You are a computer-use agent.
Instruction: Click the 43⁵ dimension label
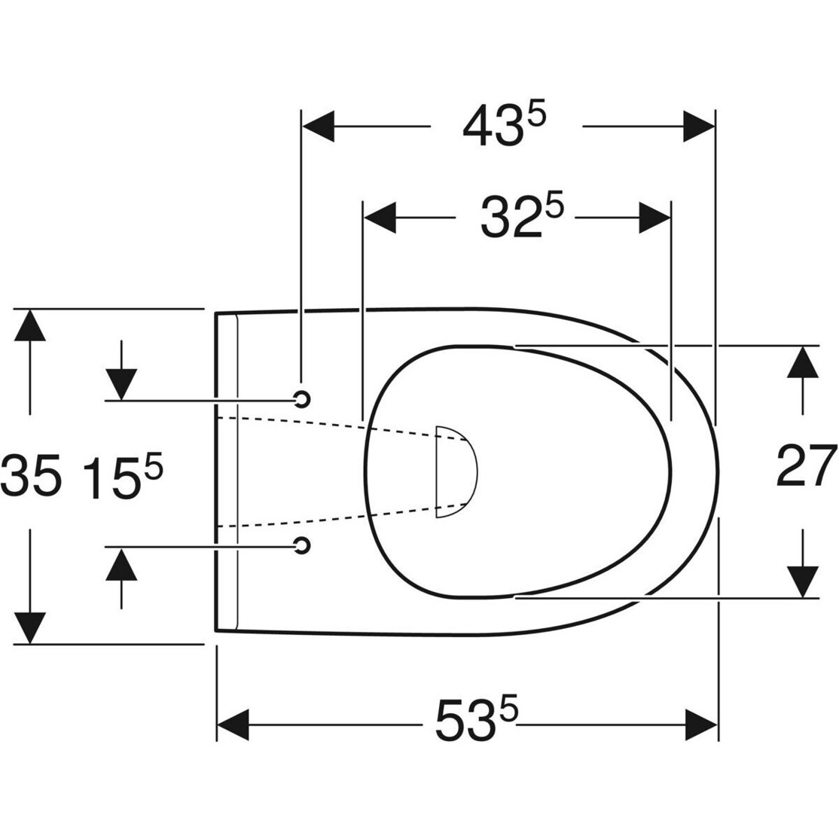504,127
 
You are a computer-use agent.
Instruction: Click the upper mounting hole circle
302,398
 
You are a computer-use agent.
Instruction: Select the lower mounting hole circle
302,545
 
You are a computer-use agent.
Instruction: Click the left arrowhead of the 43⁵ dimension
319,127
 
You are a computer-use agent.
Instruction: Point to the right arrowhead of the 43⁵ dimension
700,127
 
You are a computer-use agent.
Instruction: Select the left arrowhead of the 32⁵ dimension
380,218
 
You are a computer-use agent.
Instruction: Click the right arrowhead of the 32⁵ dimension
655,218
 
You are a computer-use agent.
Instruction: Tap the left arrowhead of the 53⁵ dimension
233,725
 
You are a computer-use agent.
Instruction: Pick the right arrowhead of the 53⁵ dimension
701,725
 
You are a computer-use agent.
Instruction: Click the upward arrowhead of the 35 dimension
29,325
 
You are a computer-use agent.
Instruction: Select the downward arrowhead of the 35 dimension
29,628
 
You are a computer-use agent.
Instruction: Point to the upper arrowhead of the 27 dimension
803,362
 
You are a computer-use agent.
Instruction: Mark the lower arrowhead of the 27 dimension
803,581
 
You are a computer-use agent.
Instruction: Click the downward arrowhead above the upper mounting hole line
121,384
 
